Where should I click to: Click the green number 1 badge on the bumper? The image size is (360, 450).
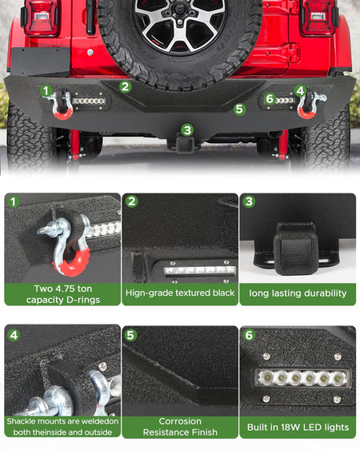[x=46, y=91]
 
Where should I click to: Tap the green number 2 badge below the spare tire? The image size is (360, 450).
[x=126, y=86]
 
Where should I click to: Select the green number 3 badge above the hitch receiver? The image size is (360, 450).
[x=187, y=130]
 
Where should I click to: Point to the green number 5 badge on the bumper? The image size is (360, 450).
[x=239, y=109]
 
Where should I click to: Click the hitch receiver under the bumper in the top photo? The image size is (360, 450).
[x=185, y=144]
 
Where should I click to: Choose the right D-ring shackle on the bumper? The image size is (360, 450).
[x=309, y=105]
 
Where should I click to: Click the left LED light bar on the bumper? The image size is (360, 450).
[x=89, y=101]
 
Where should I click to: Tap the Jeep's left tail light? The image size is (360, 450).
[x=42, y=18]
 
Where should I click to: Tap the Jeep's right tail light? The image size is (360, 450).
[x=318, y=18]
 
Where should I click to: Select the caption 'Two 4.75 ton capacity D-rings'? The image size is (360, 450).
[x=63, y=294]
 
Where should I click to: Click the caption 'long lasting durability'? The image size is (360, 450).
[x=298, y=293]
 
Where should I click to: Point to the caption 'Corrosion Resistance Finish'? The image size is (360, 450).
[x=180, y=427]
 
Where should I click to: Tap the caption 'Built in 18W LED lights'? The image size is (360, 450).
[x=298, y=428]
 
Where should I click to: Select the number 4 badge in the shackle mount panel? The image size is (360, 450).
[x=14, y=335]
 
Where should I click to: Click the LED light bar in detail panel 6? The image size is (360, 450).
[x=302, y=378]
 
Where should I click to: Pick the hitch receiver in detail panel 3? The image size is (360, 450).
[x=296, y=248]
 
